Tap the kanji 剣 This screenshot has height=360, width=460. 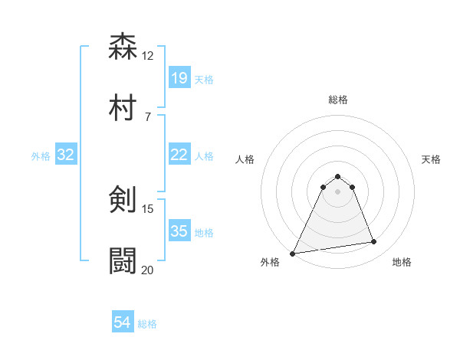123,200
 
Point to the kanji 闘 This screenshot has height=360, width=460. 123,261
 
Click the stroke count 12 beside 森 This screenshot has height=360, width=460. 148,55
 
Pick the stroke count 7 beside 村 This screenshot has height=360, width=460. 147,116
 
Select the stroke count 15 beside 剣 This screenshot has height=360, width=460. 148,208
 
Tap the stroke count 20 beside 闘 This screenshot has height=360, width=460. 148,270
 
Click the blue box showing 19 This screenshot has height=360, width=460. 179,77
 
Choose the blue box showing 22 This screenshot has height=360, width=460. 179,155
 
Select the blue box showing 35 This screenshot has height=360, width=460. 179,231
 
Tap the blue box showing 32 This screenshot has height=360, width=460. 66,155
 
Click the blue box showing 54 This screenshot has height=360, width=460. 123,323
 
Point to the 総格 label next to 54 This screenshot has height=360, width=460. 147,324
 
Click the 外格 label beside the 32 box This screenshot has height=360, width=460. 41,155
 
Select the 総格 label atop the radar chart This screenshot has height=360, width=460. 338,100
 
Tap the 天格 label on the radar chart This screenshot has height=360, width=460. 431,159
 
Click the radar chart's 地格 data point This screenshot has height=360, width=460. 374,242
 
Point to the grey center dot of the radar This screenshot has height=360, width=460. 338,191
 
